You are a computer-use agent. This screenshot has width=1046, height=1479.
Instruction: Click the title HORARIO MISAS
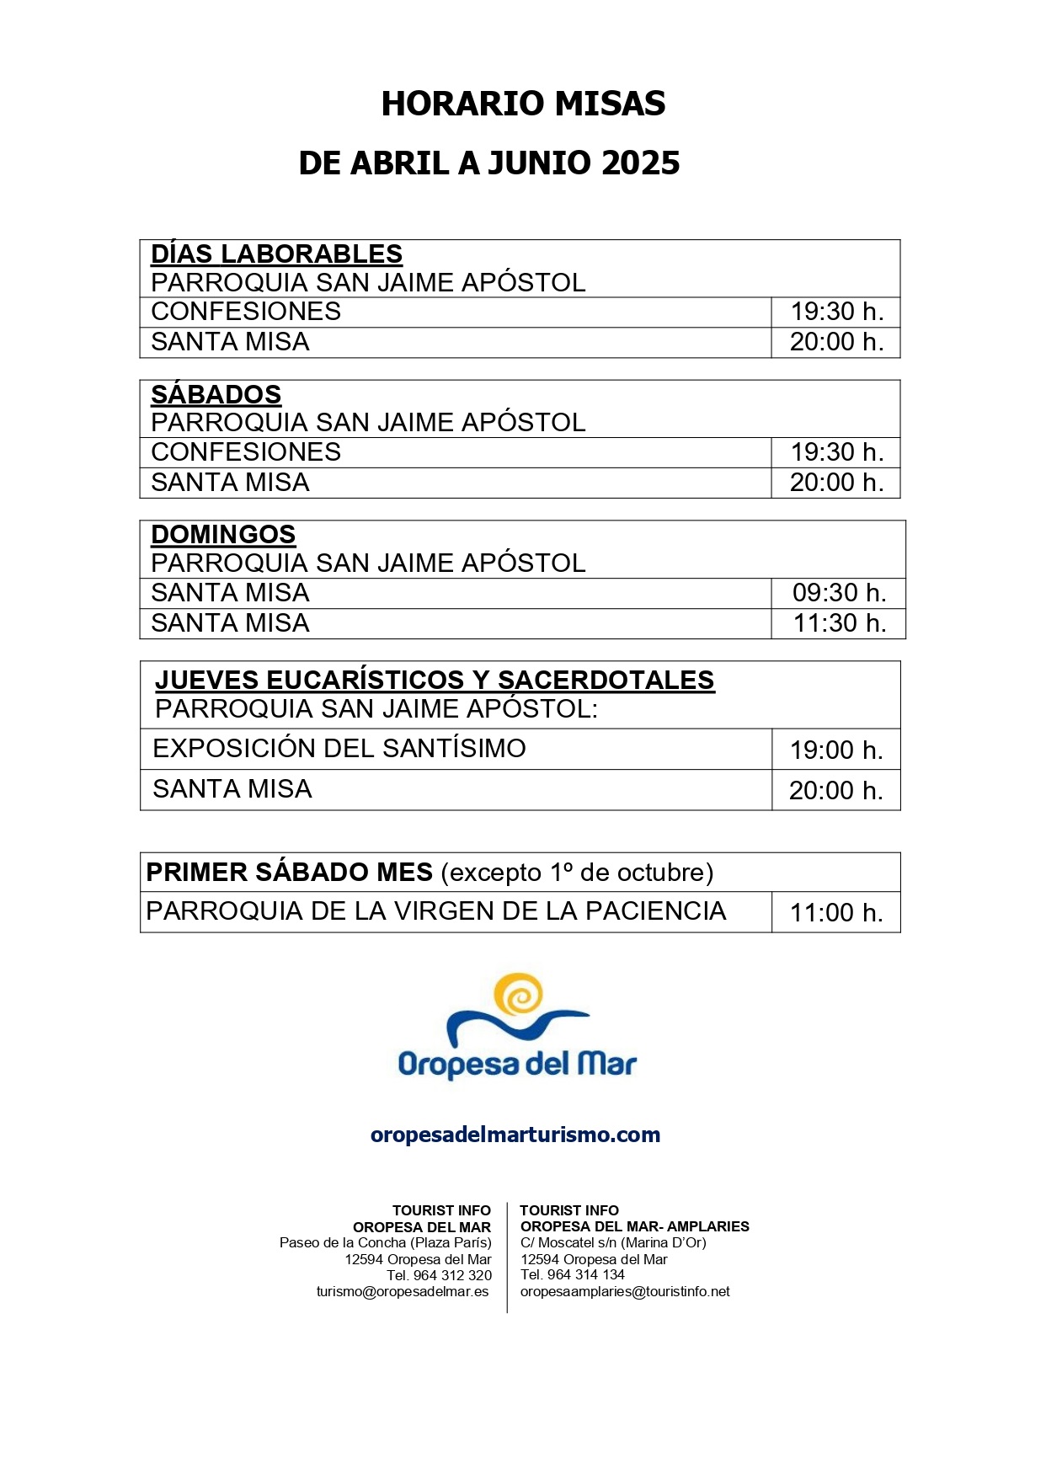[x=523, y=104]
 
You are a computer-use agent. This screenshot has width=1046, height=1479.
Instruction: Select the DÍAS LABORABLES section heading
[x=276, y=254]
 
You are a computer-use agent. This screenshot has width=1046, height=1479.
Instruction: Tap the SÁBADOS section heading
[x=216, y=394]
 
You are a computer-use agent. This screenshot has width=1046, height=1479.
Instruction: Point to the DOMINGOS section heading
[x=223, y=534]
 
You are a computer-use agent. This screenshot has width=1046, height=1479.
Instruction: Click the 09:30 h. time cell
[x=839, y=593]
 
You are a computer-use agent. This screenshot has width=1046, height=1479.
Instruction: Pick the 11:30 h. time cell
[x=839, y=623]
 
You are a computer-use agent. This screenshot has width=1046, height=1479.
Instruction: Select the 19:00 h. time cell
[x=836, y=750]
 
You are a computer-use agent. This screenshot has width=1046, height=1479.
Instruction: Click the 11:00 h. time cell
[x=836, y=912]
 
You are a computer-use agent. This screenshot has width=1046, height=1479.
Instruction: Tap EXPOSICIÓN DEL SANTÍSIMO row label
[x=339, y=748]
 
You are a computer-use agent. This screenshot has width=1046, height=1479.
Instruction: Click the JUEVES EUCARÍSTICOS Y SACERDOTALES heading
[x=435, y=680]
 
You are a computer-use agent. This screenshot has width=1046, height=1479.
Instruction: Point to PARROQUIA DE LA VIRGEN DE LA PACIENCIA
[x=435, y=911]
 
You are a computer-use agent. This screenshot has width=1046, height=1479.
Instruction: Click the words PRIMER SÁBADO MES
[x=289, y=872]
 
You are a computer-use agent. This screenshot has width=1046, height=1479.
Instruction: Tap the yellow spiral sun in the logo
[x=518, y=996]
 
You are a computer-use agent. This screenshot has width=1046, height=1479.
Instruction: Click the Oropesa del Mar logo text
[x=517, y=1065]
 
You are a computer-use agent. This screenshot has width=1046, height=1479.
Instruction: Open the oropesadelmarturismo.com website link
[x=515, y=1135]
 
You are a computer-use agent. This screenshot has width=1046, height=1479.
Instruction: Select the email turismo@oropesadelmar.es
[x=403, y=1292]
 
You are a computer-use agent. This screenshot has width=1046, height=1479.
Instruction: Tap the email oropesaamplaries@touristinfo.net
[x=625, y=1292]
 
